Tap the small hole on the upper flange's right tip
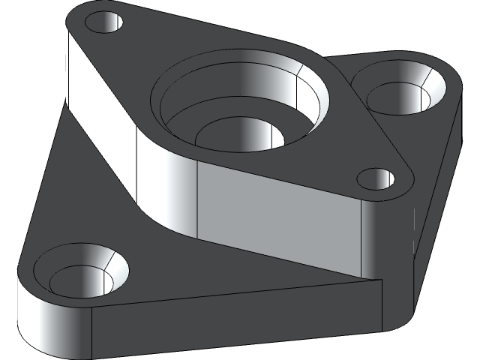375,178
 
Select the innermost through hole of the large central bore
240,136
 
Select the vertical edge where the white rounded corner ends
91,330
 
